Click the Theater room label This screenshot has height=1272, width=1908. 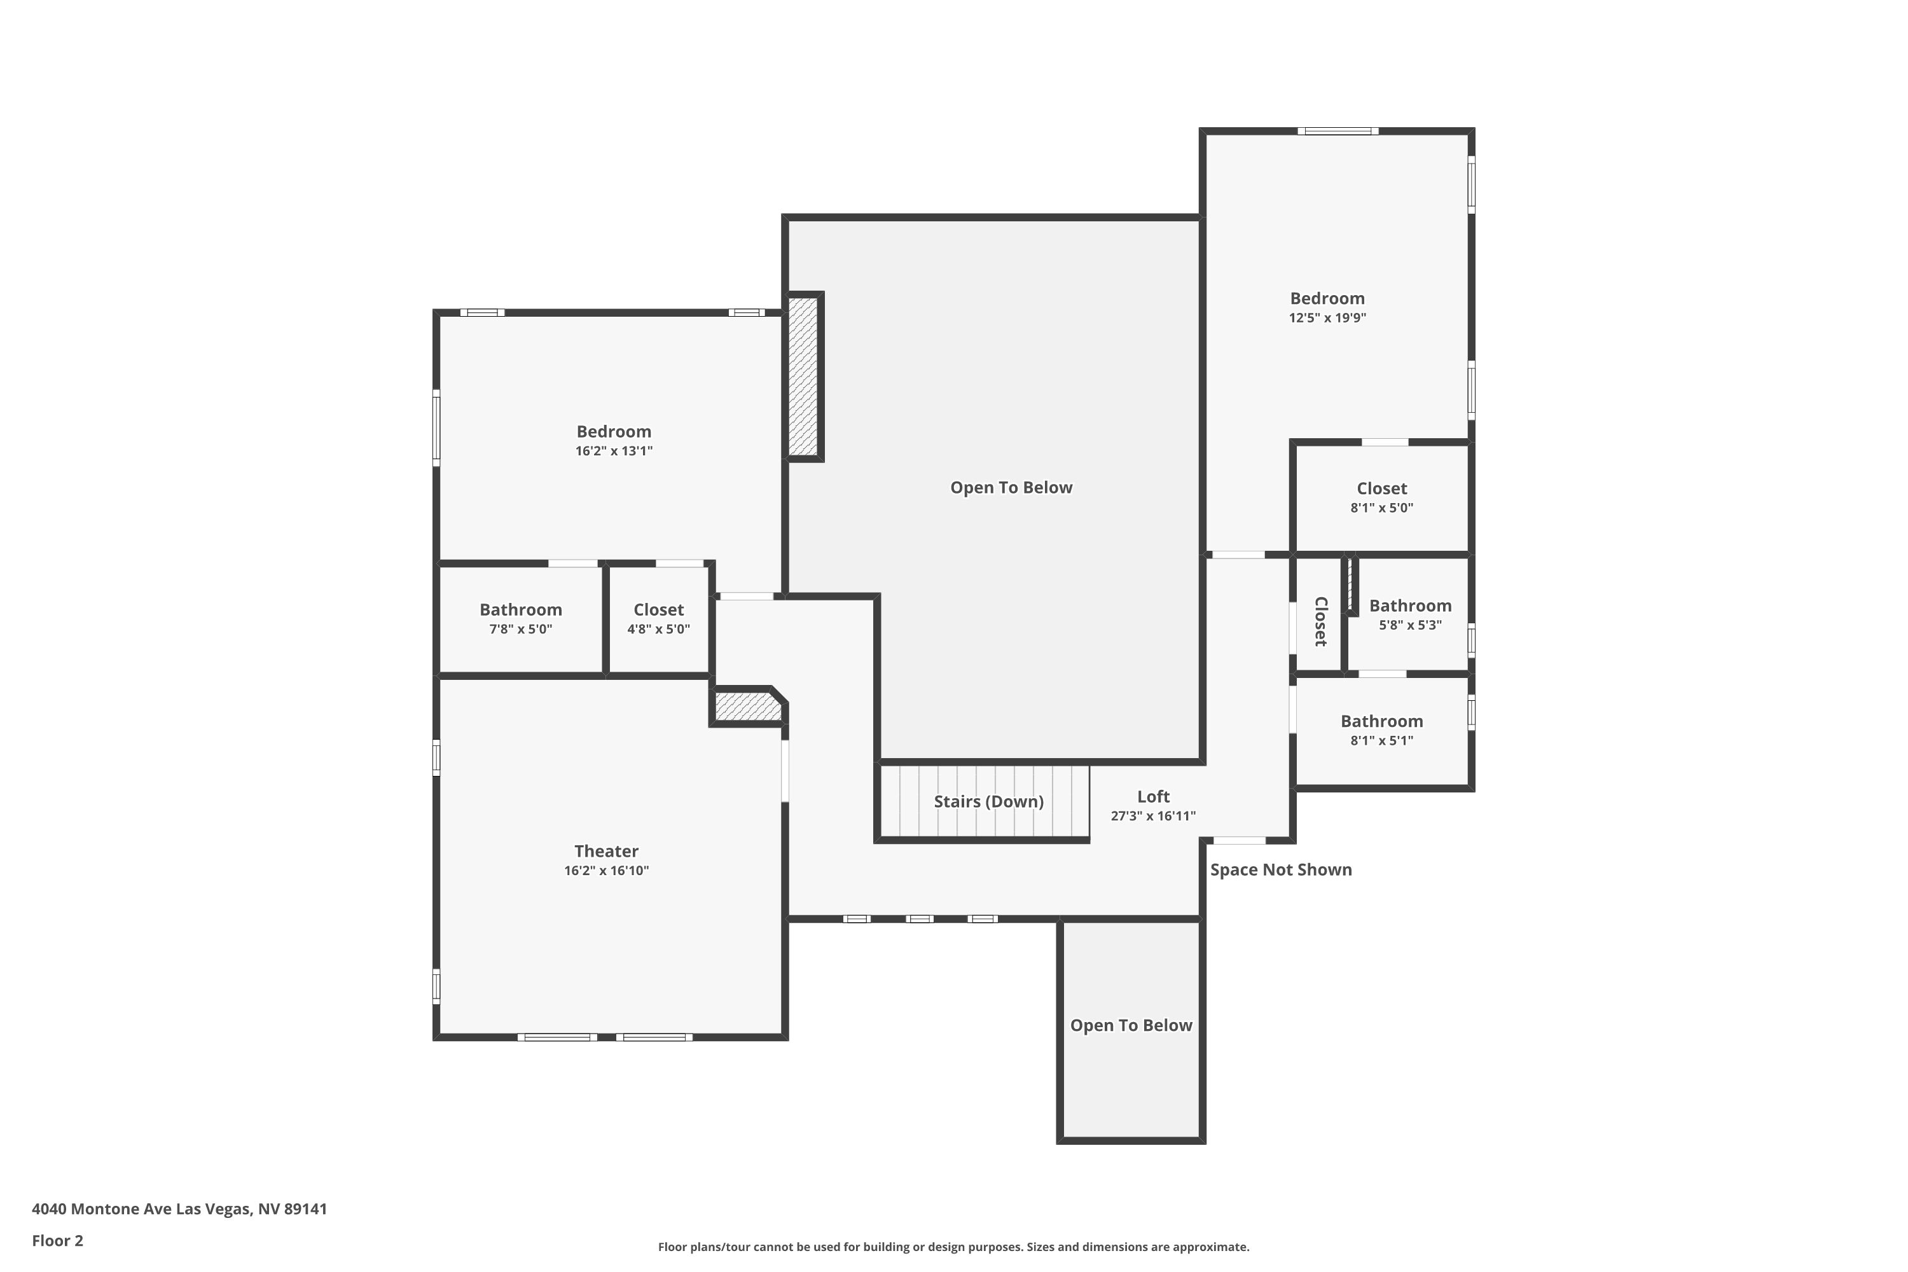pos(606,851)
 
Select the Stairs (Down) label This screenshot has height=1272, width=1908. pos(988,801)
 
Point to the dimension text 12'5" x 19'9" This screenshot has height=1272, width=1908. pos(1327,318)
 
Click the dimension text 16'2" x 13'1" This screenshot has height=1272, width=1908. pos(614,451)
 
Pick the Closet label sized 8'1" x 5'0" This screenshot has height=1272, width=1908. pos(1381,488)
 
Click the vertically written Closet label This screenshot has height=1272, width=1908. pos(1321,621)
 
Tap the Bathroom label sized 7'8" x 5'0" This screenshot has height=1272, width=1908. pos(520,609)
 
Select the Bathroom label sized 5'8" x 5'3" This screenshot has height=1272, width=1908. pos(1410,605)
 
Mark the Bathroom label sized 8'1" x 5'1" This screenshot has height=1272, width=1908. pos(1381,721)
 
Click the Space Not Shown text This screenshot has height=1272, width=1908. pos(1281,869)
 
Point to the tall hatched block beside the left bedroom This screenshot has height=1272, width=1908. pos(803,377)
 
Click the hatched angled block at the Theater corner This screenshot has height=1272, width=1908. pos(748,706)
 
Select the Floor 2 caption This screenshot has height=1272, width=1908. pos(58,1240)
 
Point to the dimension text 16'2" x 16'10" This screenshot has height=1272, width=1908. pos(606,871)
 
